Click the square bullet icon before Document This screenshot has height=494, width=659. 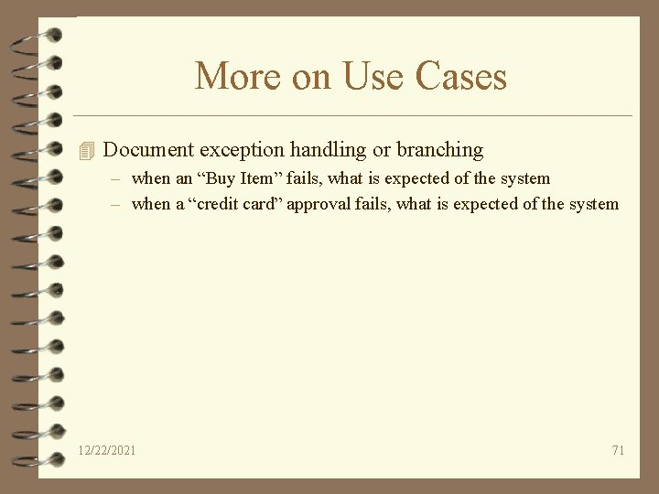[87, 150]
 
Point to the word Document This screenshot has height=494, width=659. [148, 149]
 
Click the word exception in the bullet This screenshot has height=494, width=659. [241, 149]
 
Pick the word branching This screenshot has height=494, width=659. [439, 149]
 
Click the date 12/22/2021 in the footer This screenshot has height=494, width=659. [107, 450]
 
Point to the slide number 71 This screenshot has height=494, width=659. [618, 450]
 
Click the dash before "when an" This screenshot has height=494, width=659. [116, 178]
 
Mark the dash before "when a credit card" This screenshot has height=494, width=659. [116, 204]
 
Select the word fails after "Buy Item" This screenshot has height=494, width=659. [300, 178]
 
